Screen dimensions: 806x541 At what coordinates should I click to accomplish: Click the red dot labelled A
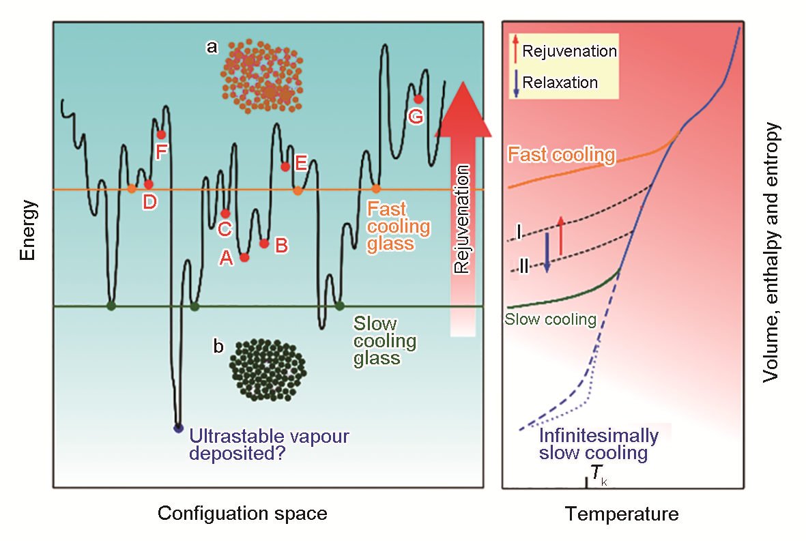pyautogui.click(x=245, y=257)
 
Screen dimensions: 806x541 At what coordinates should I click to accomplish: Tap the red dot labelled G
pyautogui.click(x=418, y=99)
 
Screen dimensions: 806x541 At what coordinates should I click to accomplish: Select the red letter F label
pyautogui.click(x=162, y=151)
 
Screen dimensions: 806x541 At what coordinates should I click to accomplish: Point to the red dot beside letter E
pyautogui.click(x=285, y=167)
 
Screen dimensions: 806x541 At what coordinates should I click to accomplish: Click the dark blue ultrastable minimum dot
pyautogui.click(x=178, y=428)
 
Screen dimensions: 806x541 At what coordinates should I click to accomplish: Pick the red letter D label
pyautogui.click(x=149, y=202)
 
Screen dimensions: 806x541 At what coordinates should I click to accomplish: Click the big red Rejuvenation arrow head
pyautogui.click(x=463, y=109)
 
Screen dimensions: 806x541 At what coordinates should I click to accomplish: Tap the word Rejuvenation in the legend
pyautogui.click(x=570, y=51)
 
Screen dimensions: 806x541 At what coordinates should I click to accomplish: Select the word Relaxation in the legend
pyautogui.click(x=560, y=82)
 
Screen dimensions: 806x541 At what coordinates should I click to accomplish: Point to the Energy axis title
pyautogui.click(x=28, y=230)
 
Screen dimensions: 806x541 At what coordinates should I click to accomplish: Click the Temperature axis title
pyautogui.click(x=622, y=514)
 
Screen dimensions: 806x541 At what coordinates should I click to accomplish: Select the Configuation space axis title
pyautogui.click(x=242, y=513)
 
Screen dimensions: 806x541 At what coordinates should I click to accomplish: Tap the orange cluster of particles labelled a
pyautogui.click(x=261, y=76)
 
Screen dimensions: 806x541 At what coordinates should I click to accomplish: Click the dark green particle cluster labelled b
pyautogui.click(x=268, y=369)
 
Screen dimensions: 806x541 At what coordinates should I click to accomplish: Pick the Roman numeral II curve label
pyautogui.click(x=523, y=265)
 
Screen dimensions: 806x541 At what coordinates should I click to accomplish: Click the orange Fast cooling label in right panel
pyautogui.click(x=561, y=155)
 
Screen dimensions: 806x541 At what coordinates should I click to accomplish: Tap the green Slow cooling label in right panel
pyautogui.click(x=550, y=319)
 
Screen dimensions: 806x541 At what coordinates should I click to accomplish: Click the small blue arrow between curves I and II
pyautogui.click(x=547, y=252)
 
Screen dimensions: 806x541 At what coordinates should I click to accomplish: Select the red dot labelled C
pyautogui.click(x=225, y=214)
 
